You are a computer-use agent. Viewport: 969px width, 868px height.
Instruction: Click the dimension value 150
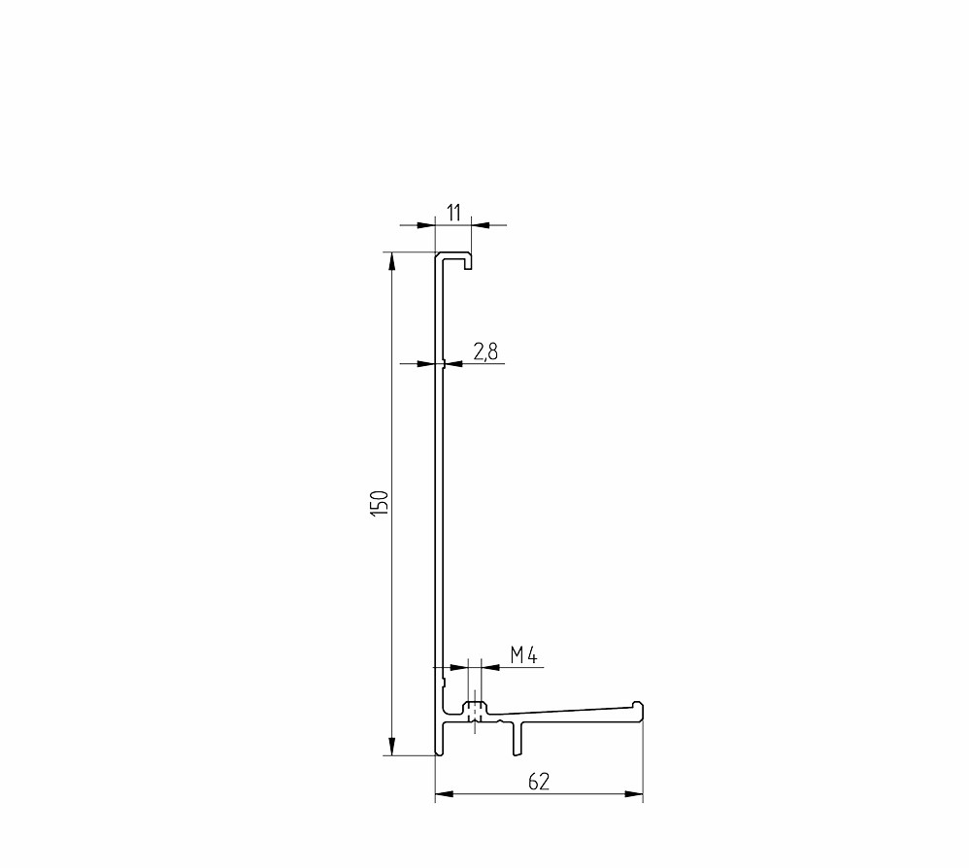pyautogui.click(x=379, y=504)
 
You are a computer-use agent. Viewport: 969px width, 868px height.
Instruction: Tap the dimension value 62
pyautogui.click(x=539, y=782)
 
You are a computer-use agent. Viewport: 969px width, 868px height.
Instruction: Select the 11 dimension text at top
pyautogui.click(x=453, y=214)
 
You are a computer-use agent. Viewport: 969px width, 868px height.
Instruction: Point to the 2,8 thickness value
pyautogui.click(x=485, y=352)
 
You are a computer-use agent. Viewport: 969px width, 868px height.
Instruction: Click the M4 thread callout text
pyautogui.click(x=524, y=654)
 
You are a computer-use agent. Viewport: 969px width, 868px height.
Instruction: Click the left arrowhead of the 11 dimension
pyautogui.click(x=426, y=225)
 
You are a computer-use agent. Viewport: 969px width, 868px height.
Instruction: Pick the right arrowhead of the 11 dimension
pyautogui.click(x=481, y=225)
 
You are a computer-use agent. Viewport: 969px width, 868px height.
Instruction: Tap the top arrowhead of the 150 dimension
pyautogui.click(x=391, y=262)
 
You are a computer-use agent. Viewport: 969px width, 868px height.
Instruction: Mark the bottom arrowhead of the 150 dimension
pyautogui.click(x=391, y=746)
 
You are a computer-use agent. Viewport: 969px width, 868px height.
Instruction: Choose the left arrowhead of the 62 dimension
pyautogui.click(x=445, y=794)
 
